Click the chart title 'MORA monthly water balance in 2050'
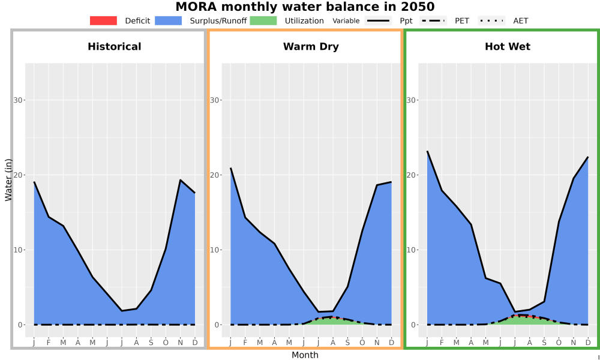point(305,7)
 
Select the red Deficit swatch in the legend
point(103,20)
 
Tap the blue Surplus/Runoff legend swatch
point(169,20)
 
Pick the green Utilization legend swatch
point(263,20)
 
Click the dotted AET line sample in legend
point(491,20)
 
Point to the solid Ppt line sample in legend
point(378,20)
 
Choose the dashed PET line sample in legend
point(433,20)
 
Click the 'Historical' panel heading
point(115,47)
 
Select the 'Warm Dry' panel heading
point(311,47)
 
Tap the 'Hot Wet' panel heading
point(508,47)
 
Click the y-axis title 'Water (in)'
point(8,180)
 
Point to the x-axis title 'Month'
point(305,355)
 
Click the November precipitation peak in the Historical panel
point(180,180)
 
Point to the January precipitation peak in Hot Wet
point(427,151)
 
